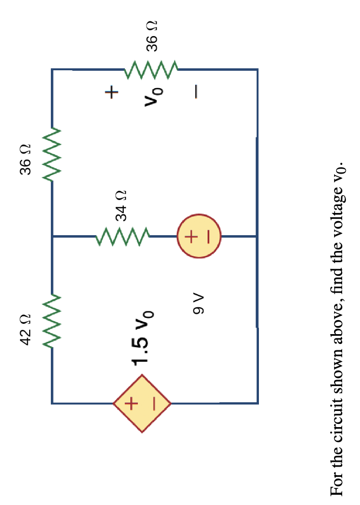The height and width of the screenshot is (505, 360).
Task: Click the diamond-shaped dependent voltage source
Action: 142,403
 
